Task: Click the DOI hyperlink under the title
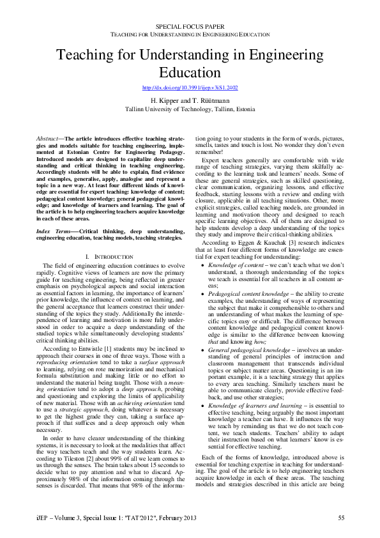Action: (x=190, y=88)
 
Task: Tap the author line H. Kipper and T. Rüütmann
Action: (x=190, y=101)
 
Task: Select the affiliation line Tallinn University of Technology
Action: (x=190, y=109)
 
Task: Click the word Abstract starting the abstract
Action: (x=45, y=138)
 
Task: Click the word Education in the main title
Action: (x=190, y=72)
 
